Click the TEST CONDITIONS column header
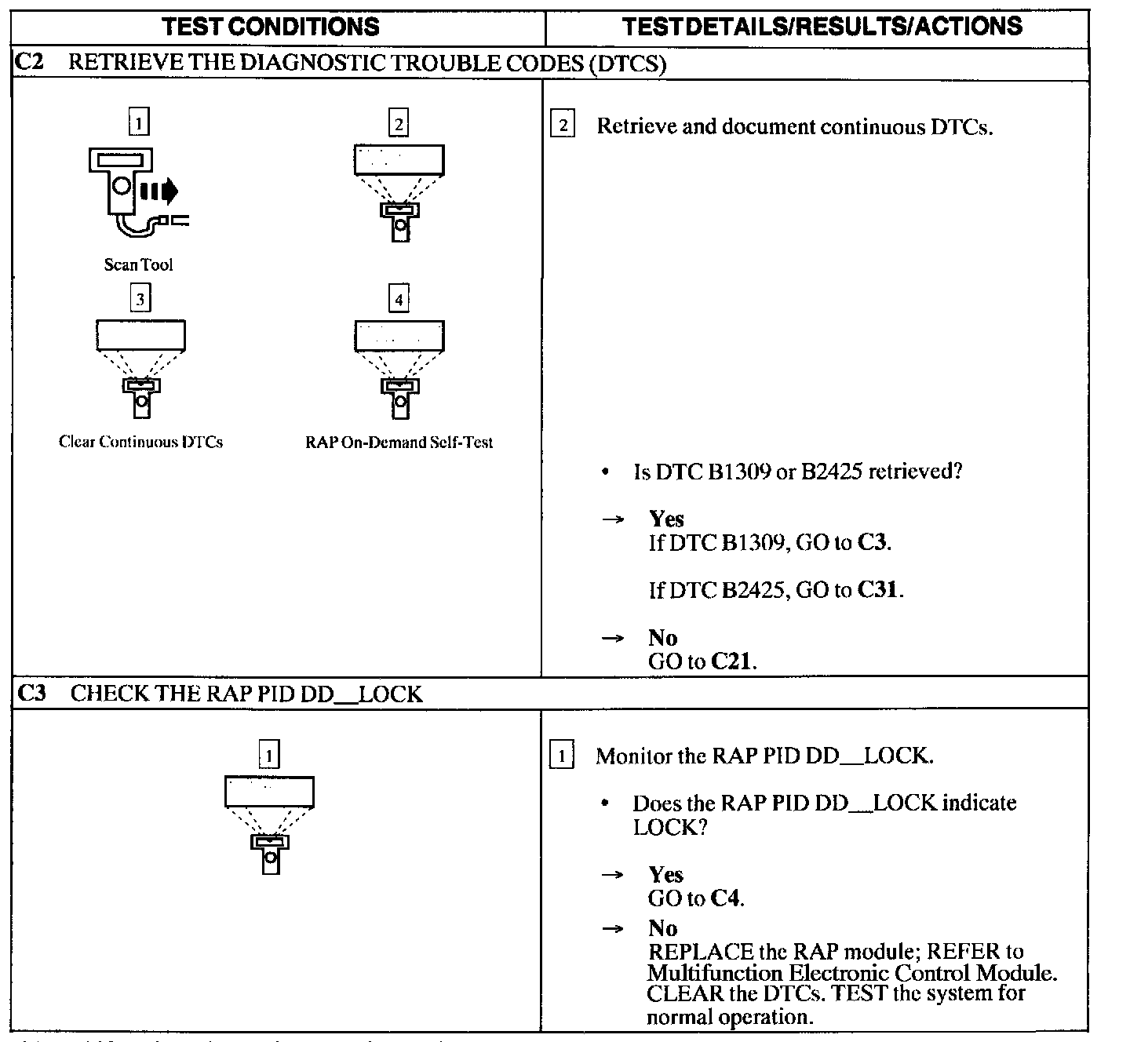pyautogui.click(x=271, y=27)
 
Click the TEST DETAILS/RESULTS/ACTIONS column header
pyautogui.click(x=822, y=27)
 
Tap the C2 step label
pyautogui.click(x=29, y=63)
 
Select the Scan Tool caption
pyautogui.click(x=138, y=264)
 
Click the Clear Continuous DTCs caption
pyautogui.click(x=140, y=442)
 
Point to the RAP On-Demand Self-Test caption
pyautogui.click(x=399, y=443)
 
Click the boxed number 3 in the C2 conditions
pyautogui.click(x=140, y=299)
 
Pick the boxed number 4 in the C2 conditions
pyautogui.click(x=399, y=299)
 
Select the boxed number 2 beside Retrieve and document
pyautogui.click(x=562, y=126)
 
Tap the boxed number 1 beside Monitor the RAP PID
pyautogui.click(x=561, y=756)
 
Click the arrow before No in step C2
pyautogui.click(x=612, y=638)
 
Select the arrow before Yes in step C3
pyautogui.click(x=612, y=875)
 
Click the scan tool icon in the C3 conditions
pyautogui.click(x=269, y=825)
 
